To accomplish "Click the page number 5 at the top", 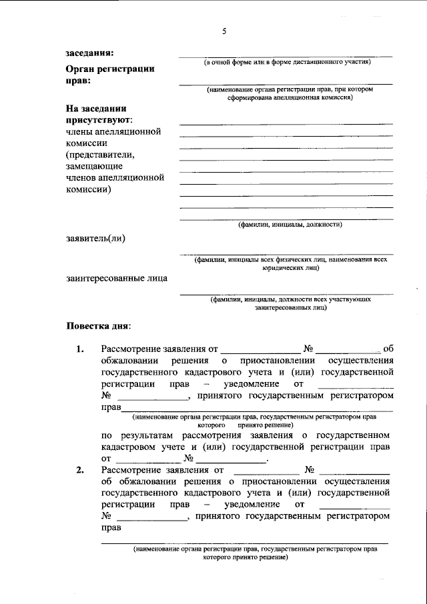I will pos(225,31).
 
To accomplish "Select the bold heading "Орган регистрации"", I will pos(110,68).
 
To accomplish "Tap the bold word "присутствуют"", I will pos(98,120).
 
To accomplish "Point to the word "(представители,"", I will pos(100,155).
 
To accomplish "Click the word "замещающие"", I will pos(93,166).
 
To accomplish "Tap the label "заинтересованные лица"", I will pos(117,279).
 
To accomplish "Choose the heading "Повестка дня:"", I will pos(99,327).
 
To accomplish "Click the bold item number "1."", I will pos(80,349).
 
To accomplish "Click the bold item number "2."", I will pos(80,471).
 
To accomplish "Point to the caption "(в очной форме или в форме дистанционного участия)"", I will pos(287,62).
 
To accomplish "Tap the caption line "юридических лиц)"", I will pos(291,268).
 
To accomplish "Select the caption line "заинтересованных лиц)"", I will pos(291,309).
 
